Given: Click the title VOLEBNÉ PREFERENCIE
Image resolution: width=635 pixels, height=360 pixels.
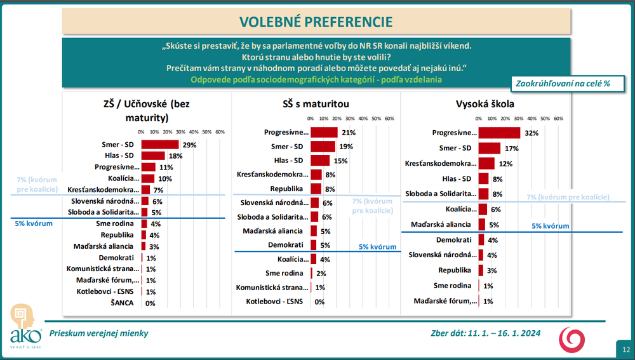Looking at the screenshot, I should click(316, 22).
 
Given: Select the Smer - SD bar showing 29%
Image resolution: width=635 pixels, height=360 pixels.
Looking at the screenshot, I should click(159, 145).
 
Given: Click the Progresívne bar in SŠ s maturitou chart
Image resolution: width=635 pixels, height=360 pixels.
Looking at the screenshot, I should click(324, 133).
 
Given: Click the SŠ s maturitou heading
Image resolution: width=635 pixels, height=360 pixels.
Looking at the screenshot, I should click(315, 103).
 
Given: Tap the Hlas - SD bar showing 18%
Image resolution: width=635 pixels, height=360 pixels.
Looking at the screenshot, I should click(152, 156).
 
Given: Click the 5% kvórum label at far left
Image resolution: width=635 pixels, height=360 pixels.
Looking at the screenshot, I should click(33, 223).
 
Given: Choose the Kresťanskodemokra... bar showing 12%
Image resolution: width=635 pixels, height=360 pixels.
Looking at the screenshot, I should click(486, 164).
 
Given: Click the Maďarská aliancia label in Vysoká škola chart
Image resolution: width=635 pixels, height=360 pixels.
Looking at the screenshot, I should click(441, 225).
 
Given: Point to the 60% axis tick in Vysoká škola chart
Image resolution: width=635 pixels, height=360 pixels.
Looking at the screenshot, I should click(559, 119).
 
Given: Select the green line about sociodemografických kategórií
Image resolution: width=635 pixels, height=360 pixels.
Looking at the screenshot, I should click(316, 79).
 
